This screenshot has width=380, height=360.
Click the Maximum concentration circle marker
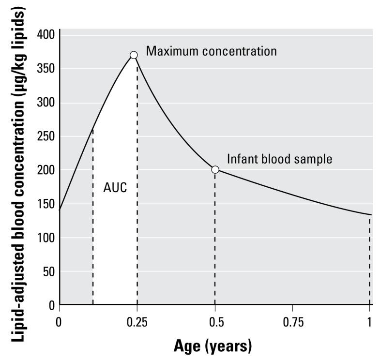(134, 55)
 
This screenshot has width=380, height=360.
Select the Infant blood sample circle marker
(215, 169)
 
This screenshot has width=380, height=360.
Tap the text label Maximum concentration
(212, 51)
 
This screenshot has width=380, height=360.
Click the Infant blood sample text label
(280, 159)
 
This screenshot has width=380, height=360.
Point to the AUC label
(115, 188)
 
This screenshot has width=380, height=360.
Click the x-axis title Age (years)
(213, 346)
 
